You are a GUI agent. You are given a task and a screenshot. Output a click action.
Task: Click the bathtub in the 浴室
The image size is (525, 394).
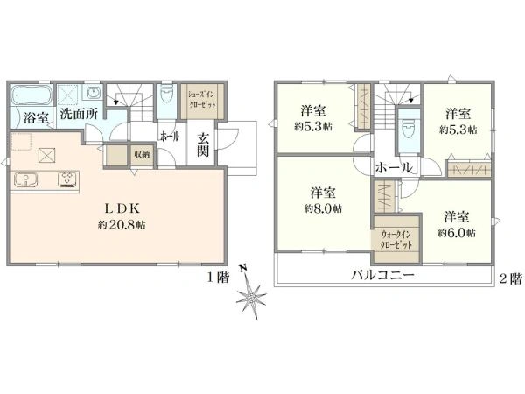pos(31,95)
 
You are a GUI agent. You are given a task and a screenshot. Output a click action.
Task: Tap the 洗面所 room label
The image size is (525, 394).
pos(79,114)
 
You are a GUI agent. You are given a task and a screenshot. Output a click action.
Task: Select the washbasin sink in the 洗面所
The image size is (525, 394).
pos(94,92)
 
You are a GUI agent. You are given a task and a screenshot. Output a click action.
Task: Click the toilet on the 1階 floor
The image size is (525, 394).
pos(167,94)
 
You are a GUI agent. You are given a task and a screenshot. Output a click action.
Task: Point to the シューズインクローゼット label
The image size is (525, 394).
pos(202,99)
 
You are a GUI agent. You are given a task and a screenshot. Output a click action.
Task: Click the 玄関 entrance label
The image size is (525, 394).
pos(203,144)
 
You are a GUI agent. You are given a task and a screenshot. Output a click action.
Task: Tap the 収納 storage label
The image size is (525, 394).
pos(142,154)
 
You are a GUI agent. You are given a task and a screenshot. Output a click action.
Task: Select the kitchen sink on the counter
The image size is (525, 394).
pos(26,179)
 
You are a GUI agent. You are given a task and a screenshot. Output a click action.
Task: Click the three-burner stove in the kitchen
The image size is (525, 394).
pos(67,179)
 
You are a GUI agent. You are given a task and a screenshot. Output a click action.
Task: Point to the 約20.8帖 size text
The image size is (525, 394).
pos(122,224)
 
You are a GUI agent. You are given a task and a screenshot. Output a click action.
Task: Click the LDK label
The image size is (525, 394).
pos(122,208)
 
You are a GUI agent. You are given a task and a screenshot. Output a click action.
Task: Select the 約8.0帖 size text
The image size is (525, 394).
pos(323,208)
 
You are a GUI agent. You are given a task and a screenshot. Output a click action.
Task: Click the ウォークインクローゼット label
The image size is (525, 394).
pos(396,239)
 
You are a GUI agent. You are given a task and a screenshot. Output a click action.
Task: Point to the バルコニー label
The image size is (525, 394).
pos(382,276)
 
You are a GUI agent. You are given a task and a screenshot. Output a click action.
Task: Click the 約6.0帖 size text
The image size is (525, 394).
pos(457,233)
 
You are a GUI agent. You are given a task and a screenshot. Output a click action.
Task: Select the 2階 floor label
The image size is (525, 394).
pos(511,278)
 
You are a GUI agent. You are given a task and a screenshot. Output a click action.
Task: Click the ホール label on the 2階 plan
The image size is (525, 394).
pos(394,167)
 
